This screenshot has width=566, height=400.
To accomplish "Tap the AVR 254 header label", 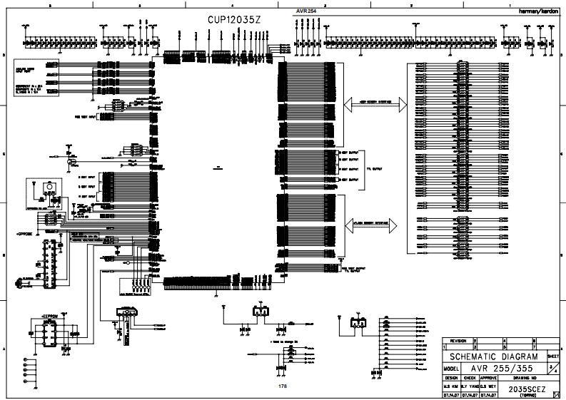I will (x=306, y=11).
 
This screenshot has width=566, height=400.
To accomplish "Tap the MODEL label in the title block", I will (x=450, y=368).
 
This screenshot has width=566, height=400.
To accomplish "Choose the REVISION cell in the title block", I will (x=458, y=342).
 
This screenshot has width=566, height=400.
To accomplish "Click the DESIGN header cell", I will (x=451, y=378).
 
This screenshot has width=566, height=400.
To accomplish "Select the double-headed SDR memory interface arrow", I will (x=375, y=104).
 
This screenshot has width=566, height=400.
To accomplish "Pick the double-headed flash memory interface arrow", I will (x=375, y=223).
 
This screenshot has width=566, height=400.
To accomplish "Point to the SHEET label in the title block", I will (x=553, y=354).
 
